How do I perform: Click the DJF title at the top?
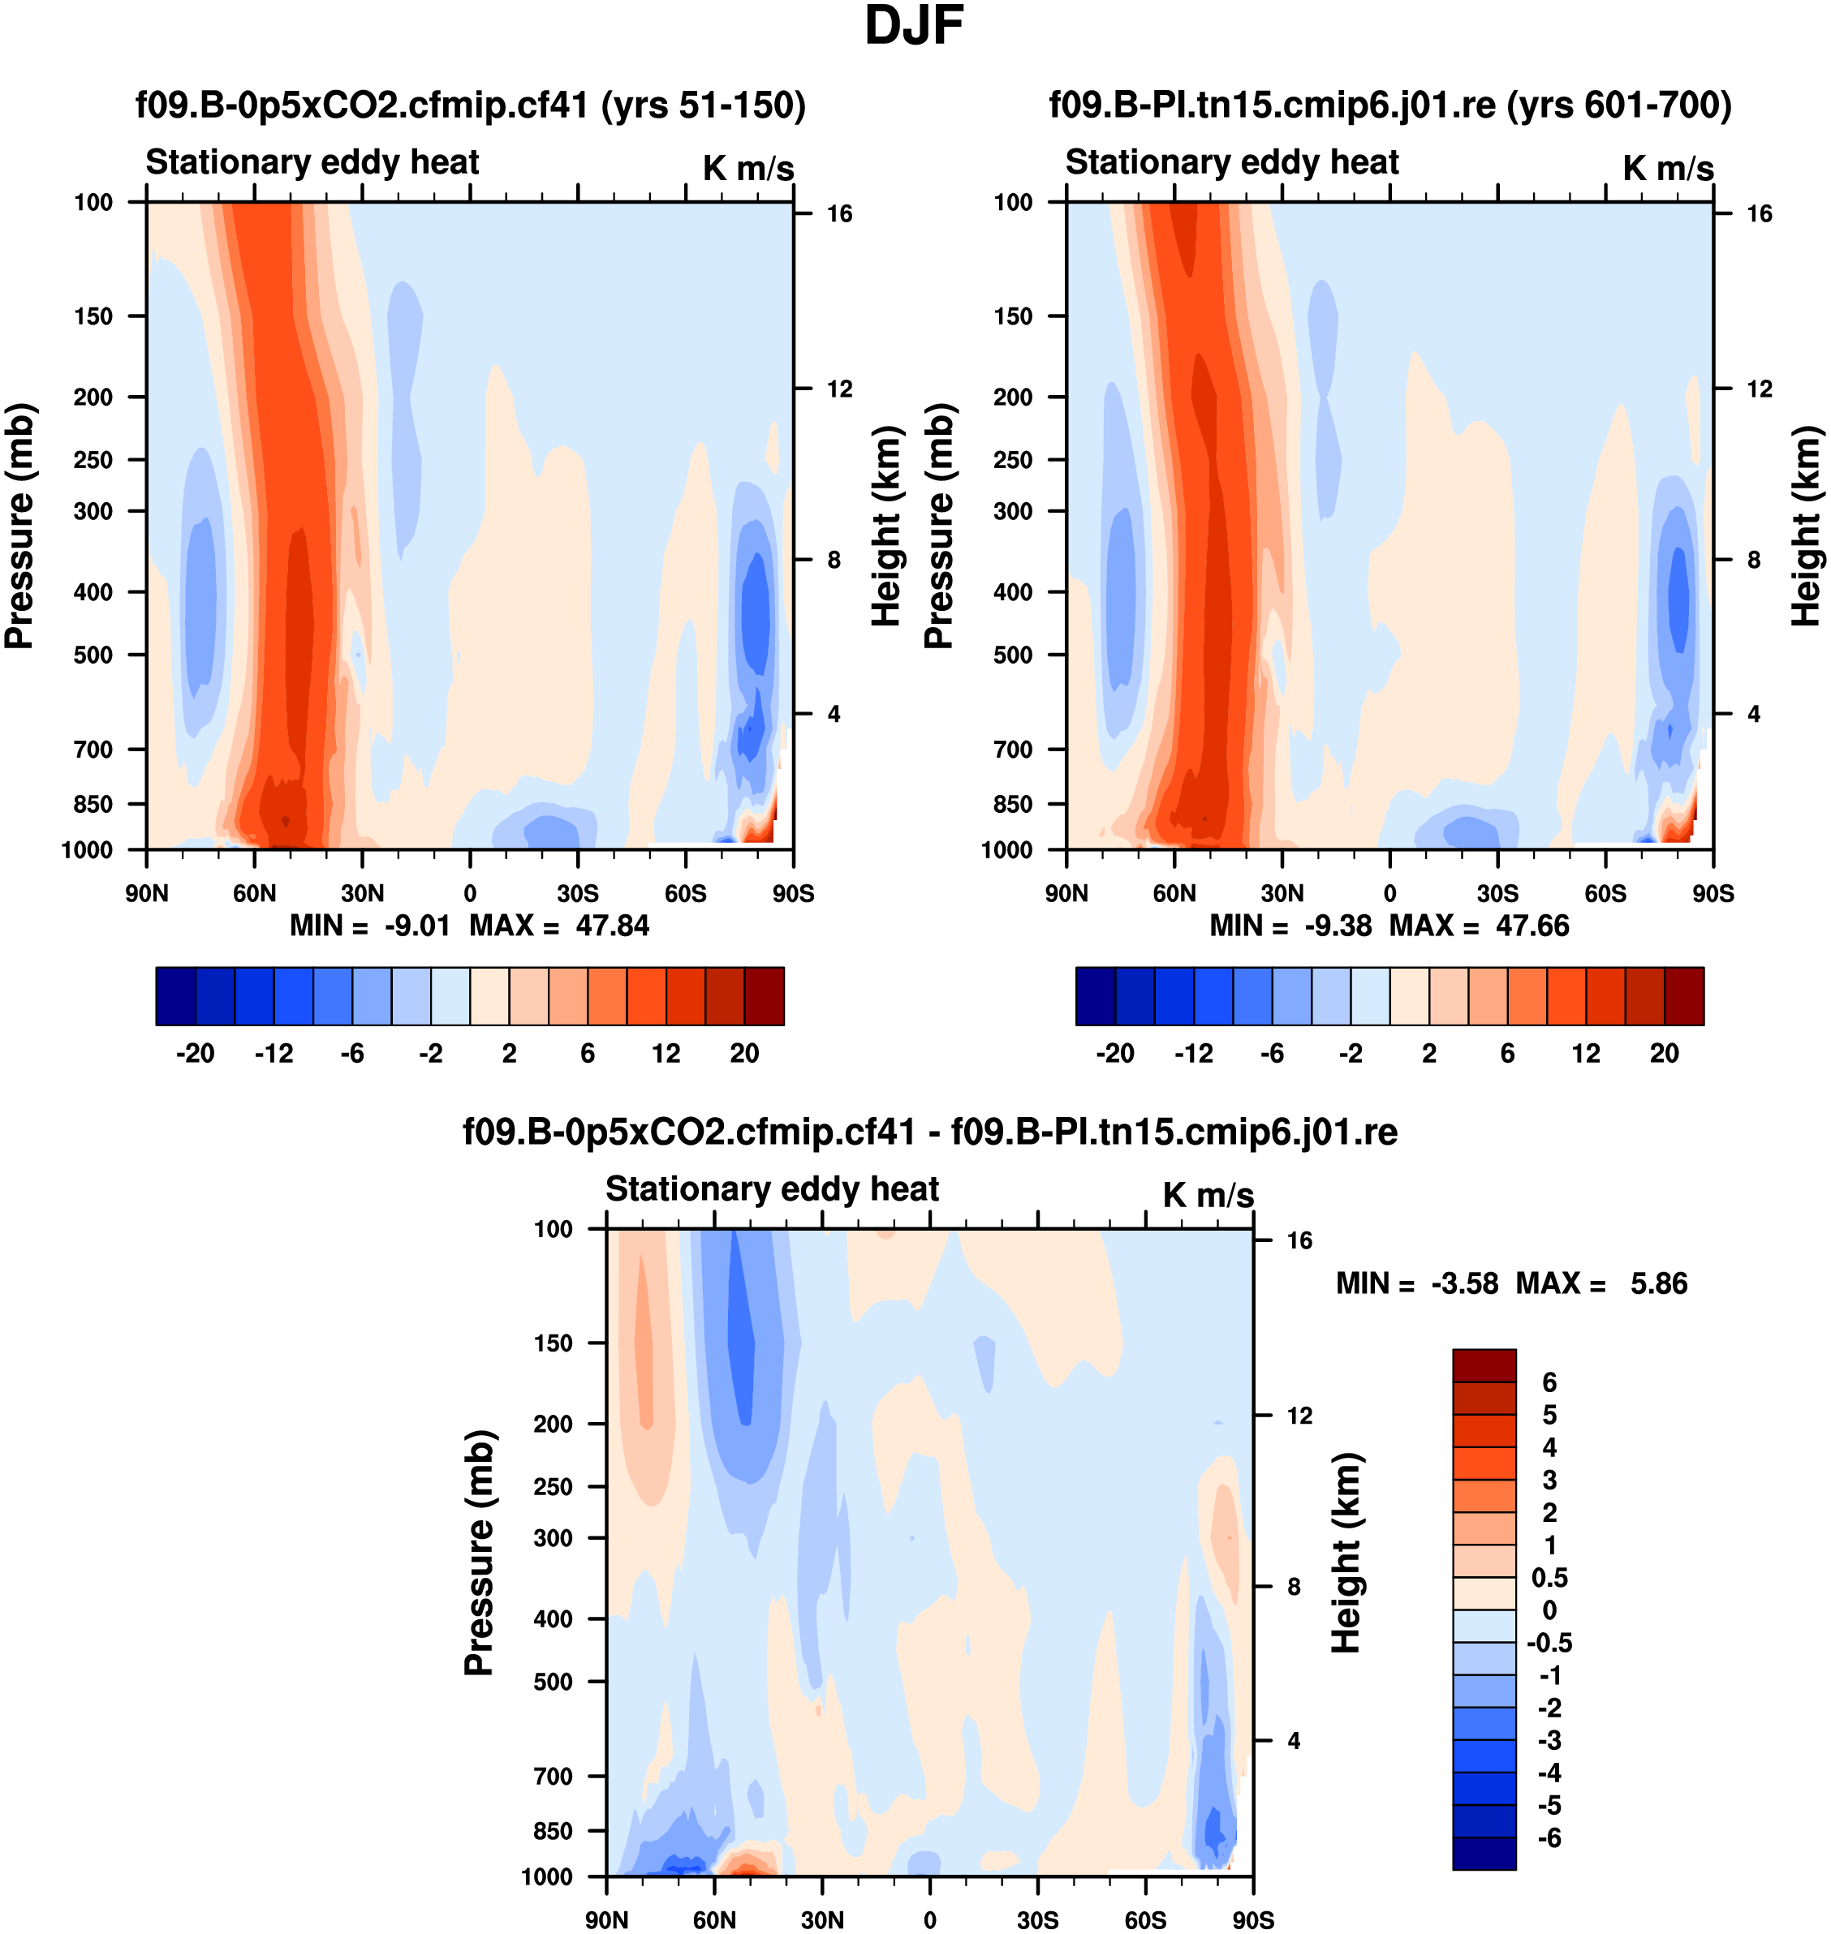[x=914, y=26]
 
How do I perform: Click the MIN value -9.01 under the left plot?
[x=416, y=925]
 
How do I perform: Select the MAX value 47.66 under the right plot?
[x=1532, y=925]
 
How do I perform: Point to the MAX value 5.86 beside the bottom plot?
[x=1658, y=1283]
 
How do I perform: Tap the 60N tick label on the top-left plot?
[x=255, y=893]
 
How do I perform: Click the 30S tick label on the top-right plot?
[x=1497, y=893]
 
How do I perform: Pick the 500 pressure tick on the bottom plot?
[x=553, y=1681]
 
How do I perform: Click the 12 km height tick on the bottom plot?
[x=1299, y=1416]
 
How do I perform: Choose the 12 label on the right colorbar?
[x=1586, y=1053]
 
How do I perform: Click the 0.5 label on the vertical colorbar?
[x=1549, y=1578]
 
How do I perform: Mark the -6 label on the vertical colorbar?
[x=1549, y=1838]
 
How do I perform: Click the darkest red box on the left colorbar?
[x=765, y=996]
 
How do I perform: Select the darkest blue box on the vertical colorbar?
[x=1484, y=1854]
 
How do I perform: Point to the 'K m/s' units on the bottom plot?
[x=1208, y=1195]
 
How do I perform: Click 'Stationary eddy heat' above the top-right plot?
[x=1232, y=162]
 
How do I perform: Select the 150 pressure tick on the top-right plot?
[x=1012, y=316]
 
